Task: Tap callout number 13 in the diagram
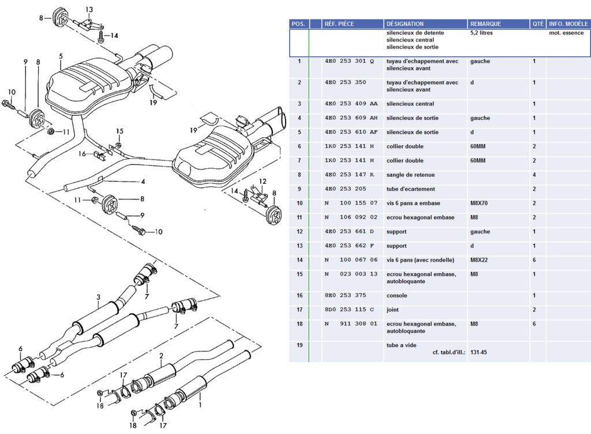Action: coord(89,10)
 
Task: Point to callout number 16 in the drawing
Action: coord(83,154)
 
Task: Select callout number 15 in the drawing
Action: coord(119,131)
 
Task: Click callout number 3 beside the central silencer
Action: coord(98,297)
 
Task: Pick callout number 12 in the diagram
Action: coord(262,182)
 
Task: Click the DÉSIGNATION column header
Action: coord(405,24)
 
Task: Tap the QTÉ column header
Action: coord(537,24)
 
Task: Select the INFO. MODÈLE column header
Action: coord(568,24)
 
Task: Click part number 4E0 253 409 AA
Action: coord(351,104)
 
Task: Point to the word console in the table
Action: coord(397,296)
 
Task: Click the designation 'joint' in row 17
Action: coord(392,310)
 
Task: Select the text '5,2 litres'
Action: coord(481,33)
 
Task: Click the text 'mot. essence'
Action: coord(566,33)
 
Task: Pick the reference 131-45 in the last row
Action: coord(478,352)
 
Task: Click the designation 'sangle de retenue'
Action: coord(410,175)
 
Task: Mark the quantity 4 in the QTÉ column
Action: coord(534,175)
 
